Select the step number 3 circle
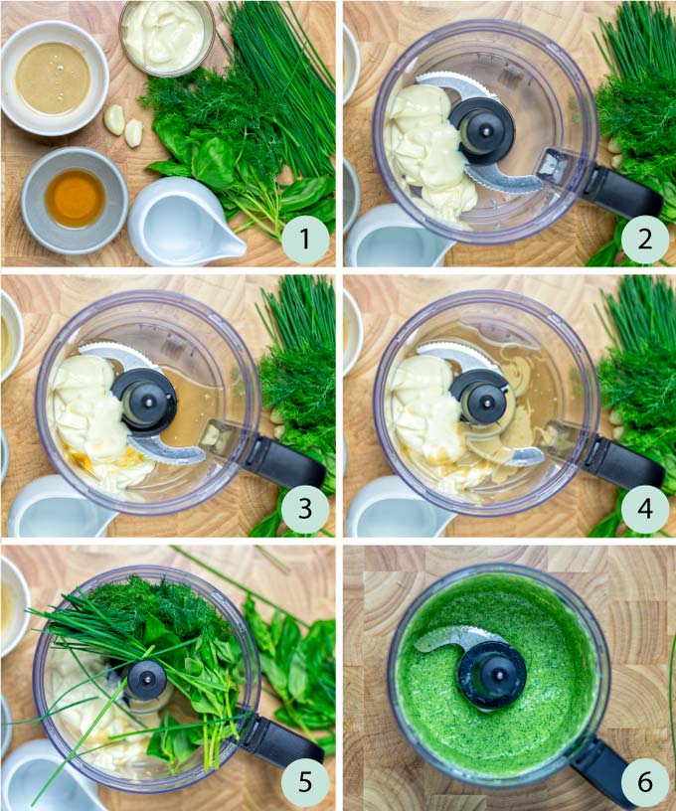(x=304, y=510)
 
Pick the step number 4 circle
(x=646, y=510)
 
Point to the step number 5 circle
(x=304, y=782)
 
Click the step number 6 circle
(x=646, y=782)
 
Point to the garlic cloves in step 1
(x=124, y=125)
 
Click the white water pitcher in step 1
(x=184, y=223)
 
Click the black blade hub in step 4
(x=482, y=399)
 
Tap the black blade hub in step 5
(x=147, y=682)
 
